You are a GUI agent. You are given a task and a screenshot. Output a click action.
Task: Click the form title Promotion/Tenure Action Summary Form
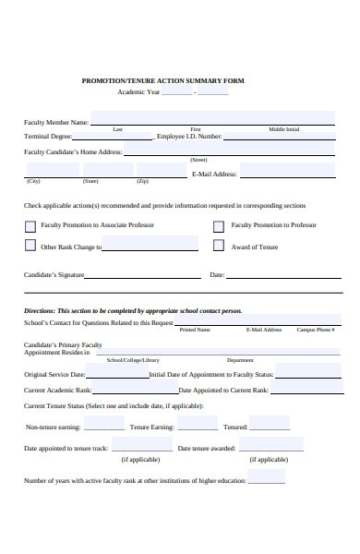point(162,80)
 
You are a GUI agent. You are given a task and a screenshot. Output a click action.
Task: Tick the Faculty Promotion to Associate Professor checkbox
point(30,225)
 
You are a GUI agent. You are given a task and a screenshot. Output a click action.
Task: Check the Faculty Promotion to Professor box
point(219,225)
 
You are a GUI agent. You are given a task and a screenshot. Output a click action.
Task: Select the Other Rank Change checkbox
point(30,247)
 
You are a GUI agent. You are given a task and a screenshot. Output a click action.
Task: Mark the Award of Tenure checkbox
point(219,247)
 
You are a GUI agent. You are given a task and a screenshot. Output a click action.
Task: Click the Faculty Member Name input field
point(212,118)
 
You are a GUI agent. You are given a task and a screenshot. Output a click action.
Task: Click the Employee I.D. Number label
point(189,137)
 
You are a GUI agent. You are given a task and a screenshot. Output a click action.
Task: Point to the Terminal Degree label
point(48,137)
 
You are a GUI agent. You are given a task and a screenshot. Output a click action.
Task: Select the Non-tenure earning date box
point(104,424)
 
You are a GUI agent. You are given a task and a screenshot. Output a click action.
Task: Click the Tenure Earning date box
point(198,424)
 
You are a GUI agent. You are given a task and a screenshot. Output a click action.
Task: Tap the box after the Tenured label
point(270,424)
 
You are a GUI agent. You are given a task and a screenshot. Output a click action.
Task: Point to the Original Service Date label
point(54,375)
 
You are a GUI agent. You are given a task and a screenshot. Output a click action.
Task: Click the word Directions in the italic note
point(39,311)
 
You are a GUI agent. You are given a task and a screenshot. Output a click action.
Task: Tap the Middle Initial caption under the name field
point(284,129)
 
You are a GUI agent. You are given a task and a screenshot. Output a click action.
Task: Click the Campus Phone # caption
point(315,330)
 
